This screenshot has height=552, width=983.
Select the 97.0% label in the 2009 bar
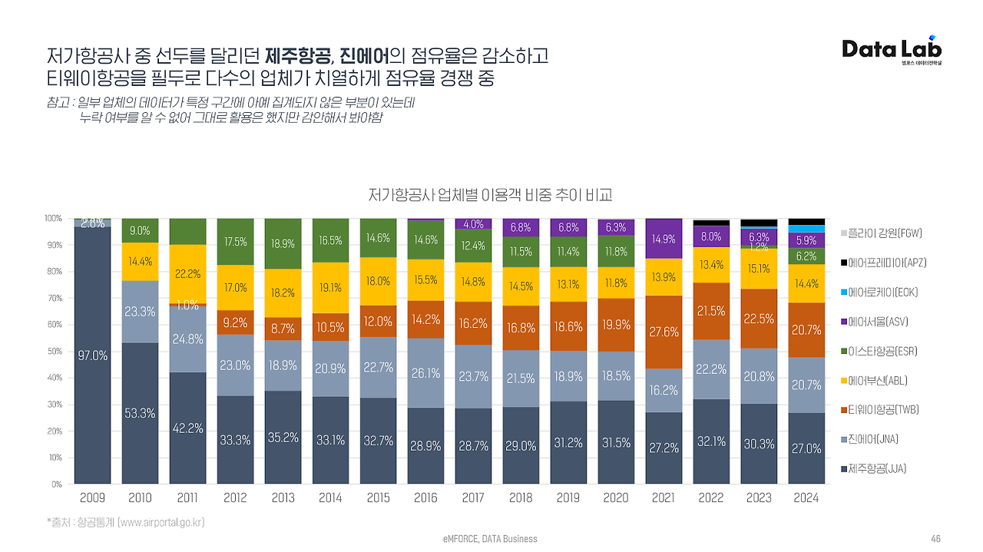click(92, 355)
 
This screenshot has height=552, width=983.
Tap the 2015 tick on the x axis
click(378, 497)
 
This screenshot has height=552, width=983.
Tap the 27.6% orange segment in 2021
click(664, 332)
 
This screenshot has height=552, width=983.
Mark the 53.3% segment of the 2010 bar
click(140, 413)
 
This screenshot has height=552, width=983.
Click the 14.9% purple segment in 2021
click(664, 239)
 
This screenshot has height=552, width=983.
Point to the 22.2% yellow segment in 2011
click(187, 273)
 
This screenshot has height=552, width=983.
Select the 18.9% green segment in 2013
click(283, 243)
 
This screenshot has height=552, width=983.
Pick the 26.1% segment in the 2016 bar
click(425, 373)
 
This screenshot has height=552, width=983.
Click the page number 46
click(935, 539)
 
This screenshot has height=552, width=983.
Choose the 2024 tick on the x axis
click(806, 497)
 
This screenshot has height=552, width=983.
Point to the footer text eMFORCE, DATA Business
click(490, 539)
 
